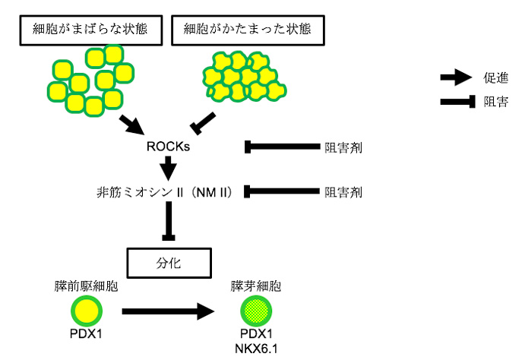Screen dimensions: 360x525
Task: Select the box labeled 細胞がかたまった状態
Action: click(248, 30)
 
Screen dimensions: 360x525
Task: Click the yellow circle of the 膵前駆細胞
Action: click(87, 311)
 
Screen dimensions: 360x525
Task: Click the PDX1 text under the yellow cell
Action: click(87, 333)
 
